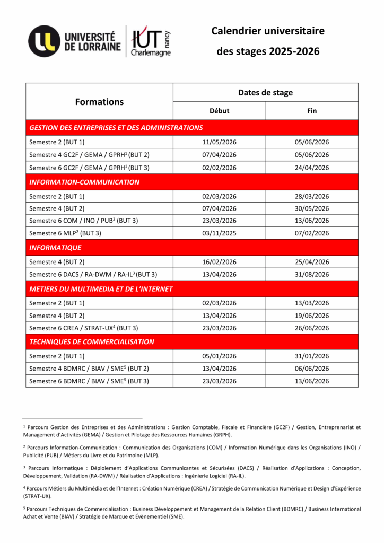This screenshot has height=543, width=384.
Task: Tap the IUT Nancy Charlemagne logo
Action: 151,41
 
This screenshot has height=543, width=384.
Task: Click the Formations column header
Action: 99,102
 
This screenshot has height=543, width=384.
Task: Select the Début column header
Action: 219,111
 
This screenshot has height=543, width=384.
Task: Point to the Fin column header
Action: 312,111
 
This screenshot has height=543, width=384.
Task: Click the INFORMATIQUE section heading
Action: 55,247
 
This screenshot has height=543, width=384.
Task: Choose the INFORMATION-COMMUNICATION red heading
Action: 84,182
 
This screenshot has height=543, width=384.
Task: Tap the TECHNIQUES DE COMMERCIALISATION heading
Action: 92,342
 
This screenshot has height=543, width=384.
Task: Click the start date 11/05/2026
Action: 219,142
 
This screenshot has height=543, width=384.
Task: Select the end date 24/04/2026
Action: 312,168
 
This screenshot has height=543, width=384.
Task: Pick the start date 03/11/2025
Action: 219,233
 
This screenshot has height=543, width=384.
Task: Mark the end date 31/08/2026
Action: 312,274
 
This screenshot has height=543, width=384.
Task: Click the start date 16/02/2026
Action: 219,261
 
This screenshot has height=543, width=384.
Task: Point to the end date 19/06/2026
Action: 312,316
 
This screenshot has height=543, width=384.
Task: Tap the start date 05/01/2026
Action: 219,356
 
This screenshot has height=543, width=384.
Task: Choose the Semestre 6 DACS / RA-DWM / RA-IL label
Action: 93,274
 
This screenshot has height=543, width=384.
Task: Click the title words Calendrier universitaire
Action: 268,31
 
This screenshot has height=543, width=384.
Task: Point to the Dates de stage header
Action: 265,92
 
